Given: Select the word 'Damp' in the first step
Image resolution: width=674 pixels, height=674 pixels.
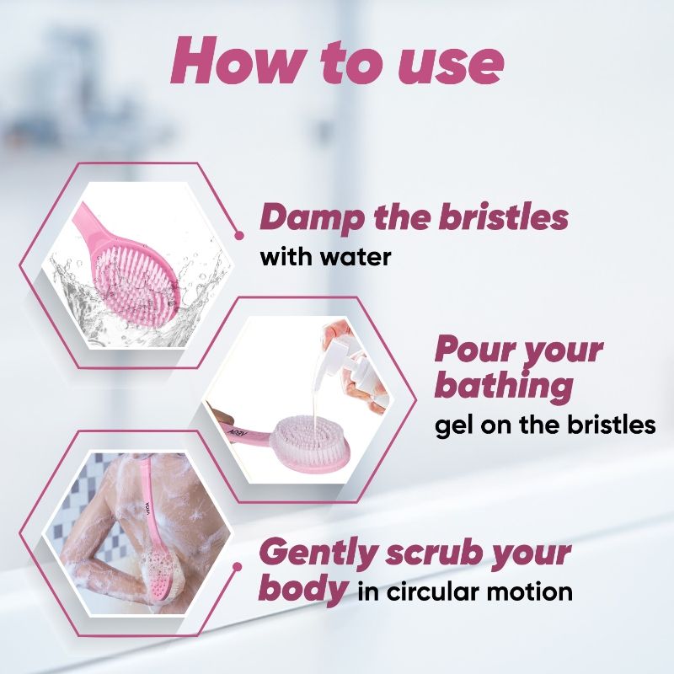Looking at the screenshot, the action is pyautogui.click(x=311, y=218).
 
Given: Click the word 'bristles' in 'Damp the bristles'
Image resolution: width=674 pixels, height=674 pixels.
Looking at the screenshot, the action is pyautogui.click(x=503, y=217).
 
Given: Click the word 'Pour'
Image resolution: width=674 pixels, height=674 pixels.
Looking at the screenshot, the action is pyautogui.click(x=470, y=350).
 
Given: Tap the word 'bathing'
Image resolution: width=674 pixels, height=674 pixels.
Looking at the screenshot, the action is pyautogui.click(x=504, y=387).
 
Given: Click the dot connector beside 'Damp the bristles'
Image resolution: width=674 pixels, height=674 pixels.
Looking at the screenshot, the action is pyautogui.click(x=239, y=235).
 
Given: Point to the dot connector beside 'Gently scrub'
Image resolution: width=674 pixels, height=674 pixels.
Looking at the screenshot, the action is pyautogui.click(x=237, y=567).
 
